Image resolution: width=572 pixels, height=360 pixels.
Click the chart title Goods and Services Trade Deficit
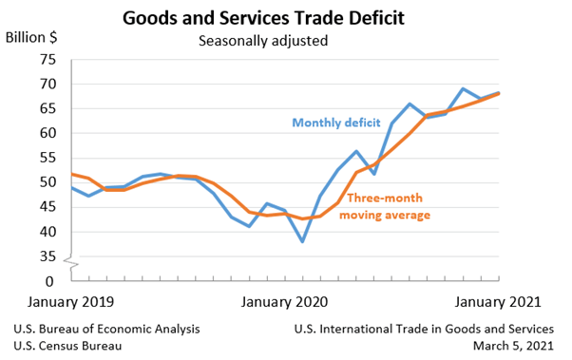tap(262, 17)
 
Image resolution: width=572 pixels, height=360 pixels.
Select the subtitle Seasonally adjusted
tap(262, 41)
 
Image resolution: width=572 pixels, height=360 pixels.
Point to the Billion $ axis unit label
tap(30, 38)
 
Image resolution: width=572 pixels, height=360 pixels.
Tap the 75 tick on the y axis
tap(48, 59)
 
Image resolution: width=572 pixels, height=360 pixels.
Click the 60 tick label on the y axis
tap(48, 133)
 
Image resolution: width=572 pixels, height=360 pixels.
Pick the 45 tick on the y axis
tap(48, 207)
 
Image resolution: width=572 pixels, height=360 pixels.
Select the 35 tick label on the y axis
tap(48, 256)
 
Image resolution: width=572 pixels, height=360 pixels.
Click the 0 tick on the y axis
tap(51, 281)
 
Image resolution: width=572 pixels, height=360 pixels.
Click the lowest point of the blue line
tap(302, 241)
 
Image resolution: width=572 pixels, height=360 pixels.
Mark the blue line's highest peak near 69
tap(463, 89)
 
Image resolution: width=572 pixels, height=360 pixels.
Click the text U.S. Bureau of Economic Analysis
tap(106, 329)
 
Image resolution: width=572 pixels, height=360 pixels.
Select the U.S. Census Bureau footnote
tap(67, 346)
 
